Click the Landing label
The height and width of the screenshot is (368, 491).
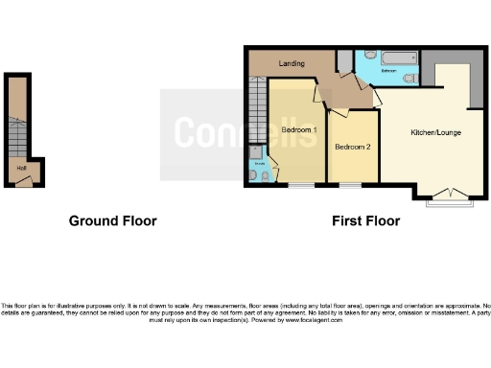point(292,64)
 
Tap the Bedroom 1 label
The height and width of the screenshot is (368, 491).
point(299,130)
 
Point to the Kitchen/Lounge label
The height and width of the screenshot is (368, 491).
point(436,131)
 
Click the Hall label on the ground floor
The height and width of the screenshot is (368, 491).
point(20,170)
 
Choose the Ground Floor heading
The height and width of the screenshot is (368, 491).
point(112,221)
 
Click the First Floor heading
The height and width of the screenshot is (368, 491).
point(365,221)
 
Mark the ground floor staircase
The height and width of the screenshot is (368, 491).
point(14,125)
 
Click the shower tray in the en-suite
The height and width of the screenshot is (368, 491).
point(257,152)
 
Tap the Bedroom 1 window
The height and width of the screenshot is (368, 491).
point(301,184)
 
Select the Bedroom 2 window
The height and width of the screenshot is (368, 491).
point(350,184)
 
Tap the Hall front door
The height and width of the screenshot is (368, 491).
point(24,184)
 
